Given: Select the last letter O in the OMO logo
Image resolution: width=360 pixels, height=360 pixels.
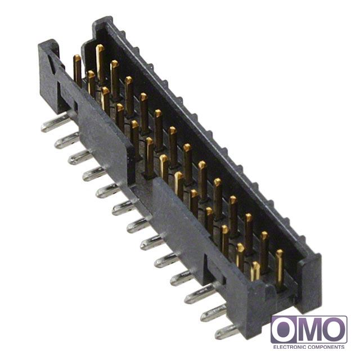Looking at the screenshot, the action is (334, 329).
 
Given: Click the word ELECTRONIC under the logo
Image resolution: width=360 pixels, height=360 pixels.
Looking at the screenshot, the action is (290, 347).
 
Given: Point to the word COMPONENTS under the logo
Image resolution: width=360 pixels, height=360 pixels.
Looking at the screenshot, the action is (326, 347).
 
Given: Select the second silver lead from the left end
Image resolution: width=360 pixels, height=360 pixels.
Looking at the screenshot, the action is (67, 140).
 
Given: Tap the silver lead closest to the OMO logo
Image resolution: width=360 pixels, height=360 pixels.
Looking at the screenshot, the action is (227, 331).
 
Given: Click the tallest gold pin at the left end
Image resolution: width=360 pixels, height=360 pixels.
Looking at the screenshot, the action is (100, 62).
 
